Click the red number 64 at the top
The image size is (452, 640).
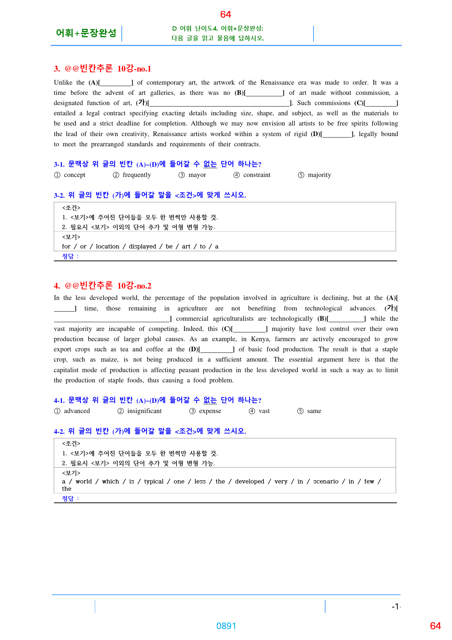[x=225, y=14]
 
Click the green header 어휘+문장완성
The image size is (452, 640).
[x=86, y=33]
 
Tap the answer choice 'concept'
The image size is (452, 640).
[x=74, y=175]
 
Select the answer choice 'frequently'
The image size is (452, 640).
[x=137, y=175]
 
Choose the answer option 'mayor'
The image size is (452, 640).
[x=197, y=175]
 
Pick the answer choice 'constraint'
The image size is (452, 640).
[x=257, y=175]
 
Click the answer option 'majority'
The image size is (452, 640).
[x=319, y=175]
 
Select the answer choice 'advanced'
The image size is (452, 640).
[x=77, y=411]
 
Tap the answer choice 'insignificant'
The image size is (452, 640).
[x=144, y=411]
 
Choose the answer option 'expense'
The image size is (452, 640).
[x=210, y=411]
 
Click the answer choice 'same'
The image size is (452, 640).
[x=314, y=411]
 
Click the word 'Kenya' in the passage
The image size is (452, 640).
[x=260, y=339]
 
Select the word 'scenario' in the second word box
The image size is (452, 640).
[x=326, y=481]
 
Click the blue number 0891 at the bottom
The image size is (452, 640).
[x=226, y=626]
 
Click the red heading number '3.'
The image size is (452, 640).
[x=57, y=69]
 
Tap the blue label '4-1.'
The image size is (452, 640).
[x=59, y=400]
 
